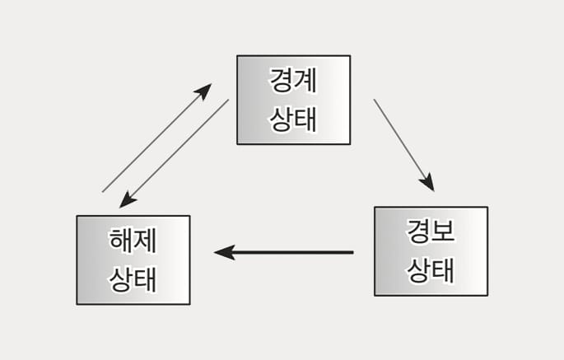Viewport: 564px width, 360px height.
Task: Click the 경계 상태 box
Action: coord(293,100)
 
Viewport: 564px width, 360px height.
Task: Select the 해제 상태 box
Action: coord(133,260)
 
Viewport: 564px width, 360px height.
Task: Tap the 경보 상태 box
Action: coord(431,251)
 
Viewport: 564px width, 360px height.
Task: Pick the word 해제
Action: coord(133,242)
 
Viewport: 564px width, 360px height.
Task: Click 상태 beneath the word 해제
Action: coord(133,278)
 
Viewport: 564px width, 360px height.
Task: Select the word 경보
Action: coord(431,233)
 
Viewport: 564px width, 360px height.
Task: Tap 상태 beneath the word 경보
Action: coord(431,269)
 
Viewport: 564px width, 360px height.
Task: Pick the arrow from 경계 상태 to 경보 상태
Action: coord(403,143)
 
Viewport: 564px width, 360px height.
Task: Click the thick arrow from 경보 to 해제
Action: coord(284,252)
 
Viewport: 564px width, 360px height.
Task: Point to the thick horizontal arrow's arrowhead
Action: coord(224,252)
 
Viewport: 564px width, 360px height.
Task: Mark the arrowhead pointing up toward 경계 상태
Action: coord(204,90)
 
